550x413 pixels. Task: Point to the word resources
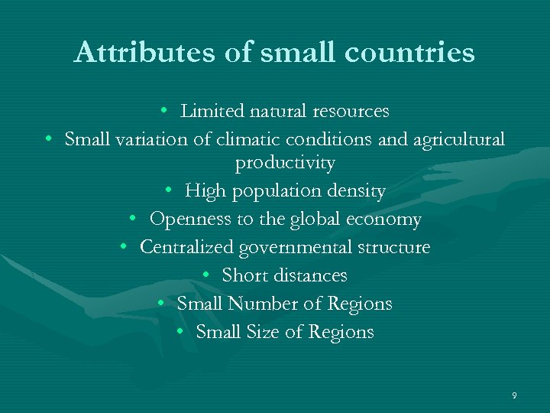(351, 112)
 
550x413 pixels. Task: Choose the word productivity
(284, 163)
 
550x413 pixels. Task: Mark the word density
(355, 190)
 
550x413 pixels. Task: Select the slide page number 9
(514, 395)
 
